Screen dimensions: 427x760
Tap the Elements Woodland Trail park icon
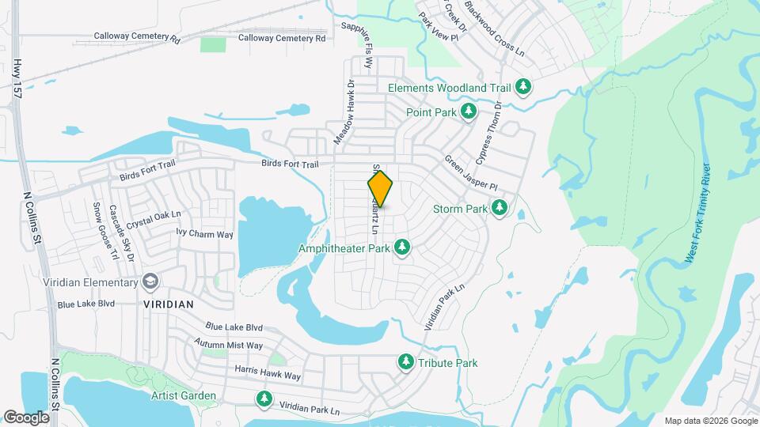(522, 86)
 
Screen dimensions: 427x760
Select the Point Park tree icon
(469, 112)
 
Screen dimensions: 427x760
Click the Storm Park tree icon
(499, 208)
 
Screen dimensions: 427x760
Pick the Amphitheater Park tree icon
(402, 248)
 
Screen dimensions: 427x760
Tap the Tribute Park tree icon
(405, 362)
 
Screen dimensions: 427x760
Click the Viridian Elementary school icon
(150, 282)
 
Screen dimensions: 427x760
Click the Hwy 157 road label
(17, 78)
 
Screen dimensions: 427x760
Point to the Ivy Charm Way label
(204, 234)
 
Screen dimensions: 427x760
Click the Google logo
(25, 417)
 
